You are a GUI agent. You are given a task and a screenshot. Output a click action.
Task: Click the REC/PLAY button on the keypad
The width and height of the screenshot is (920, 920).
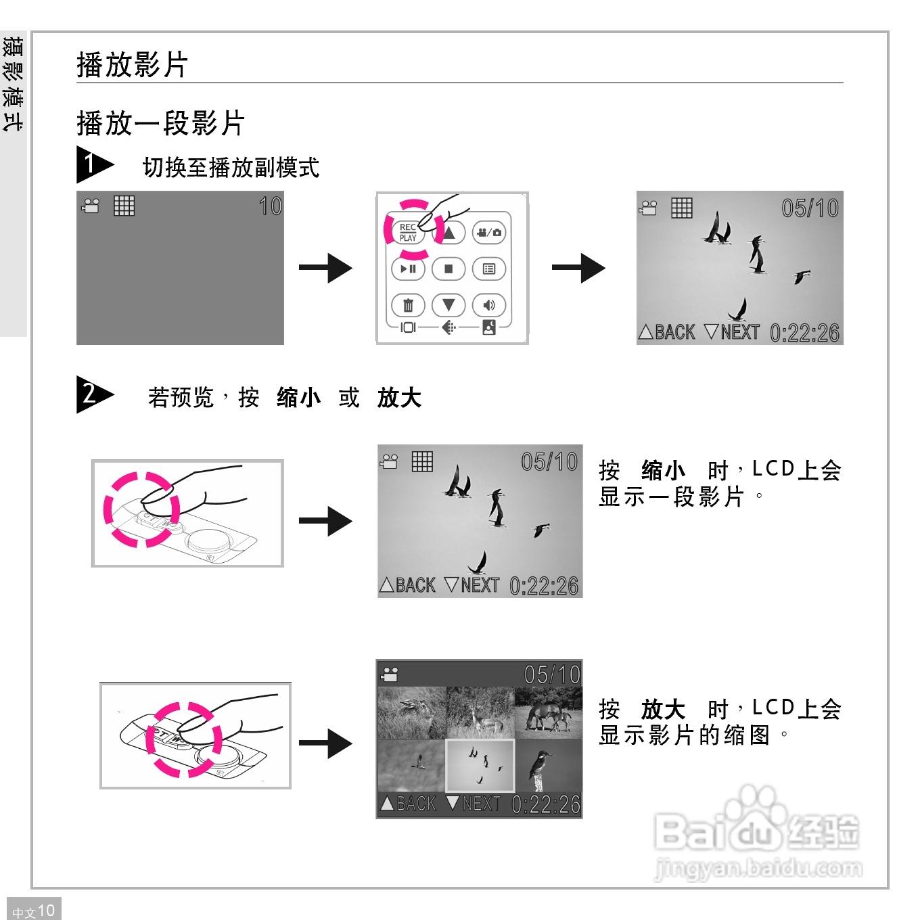pyautogui.click(x=408, y=233)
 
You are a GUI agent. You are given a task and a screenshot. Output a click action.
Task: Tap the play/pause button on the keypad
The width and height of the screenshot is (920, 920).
pyautogui.click(x=408, y=269)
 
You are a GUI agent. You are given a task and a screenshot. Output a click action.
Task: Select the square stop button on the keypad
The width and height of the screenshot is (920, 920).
pyautogui.click(x=448, y=269)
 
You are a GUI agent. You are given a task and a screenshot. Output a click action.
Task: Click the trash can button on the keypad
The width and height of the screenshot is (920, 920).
pyautogui.click(x=408, y=305)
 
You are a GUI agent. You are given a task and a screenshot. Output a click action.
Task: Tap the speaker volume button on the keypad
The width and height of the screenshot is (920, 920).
pyautogui.click(x=489, y=305)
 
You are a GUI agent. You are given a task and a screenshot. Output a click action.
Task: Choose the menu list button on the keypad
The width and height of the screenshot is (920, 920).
pyautogui.click(x=489, y=269)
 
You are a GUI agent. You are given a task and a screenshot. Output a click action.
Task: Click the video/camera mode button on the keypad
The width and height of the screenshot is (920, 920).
pyautogui.click(x=489, y=233)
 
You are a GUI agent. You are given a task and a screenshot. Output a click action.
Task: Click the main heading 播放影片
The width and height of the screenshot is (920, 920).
pyautogui.click(x=132, y=65)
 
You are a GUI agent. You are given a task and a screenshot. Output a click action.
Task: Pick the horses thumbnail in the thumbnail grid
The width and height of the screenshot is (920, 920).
pyautogui.click(x=548, y=714)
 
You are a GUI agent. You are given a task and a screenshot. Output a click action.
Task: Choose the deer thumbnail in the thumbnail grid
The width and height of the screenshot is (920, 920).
pyautogui.click(x=480, y=714)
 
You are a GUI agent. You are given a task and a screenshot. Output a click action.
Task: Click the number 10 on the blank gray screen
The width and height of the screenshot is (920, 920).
pyautogui.click(x=270, y=206)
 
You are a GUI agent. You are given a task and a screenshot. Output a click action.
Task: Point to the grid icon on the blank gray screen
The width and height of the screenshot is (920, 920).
pyautogui.click(x=124, y=206)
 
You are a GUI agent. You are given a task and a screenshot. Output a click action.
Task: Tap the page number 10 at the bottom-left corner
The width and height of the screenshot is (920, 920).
pyautogui.click(x=46, y=911)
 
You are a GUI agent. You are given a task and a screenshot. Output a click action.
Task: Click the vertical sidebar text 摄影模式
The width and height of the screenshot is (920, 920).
pyautogui.click(x=13, y=84)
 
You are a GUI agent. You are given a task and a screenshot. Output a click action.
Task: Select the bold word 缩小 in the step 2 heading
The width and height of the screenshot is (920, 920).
pyautogui.click(x=298, y=398)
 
